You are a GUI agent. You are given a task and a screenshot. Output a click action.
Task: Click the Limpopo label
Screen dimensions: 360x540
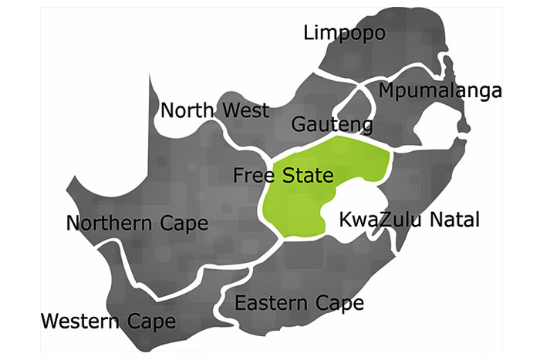click(344, 33)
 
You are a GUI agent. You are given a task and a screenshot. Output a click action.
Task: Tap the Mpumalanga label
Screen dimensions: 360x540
click(440, 91)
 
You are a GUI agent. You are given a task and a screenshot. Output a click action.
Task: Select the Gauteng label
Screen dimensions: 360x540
click(332, 125)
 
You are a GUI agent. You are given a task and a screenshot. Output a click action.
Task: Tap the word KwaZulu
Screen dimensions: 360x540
click(375, 220)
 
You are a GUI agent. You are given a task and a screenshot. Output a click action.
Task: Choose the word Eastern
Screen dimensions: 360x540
click(270, 302)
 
